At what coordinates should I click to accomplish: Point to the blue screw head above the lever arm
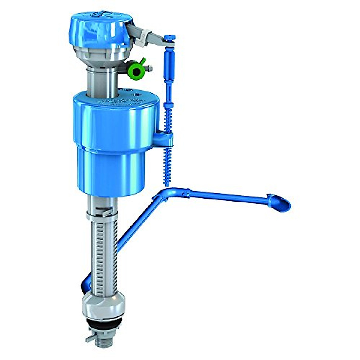169,37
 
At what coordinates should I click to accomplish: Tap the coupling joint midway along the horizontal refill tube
186,193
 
